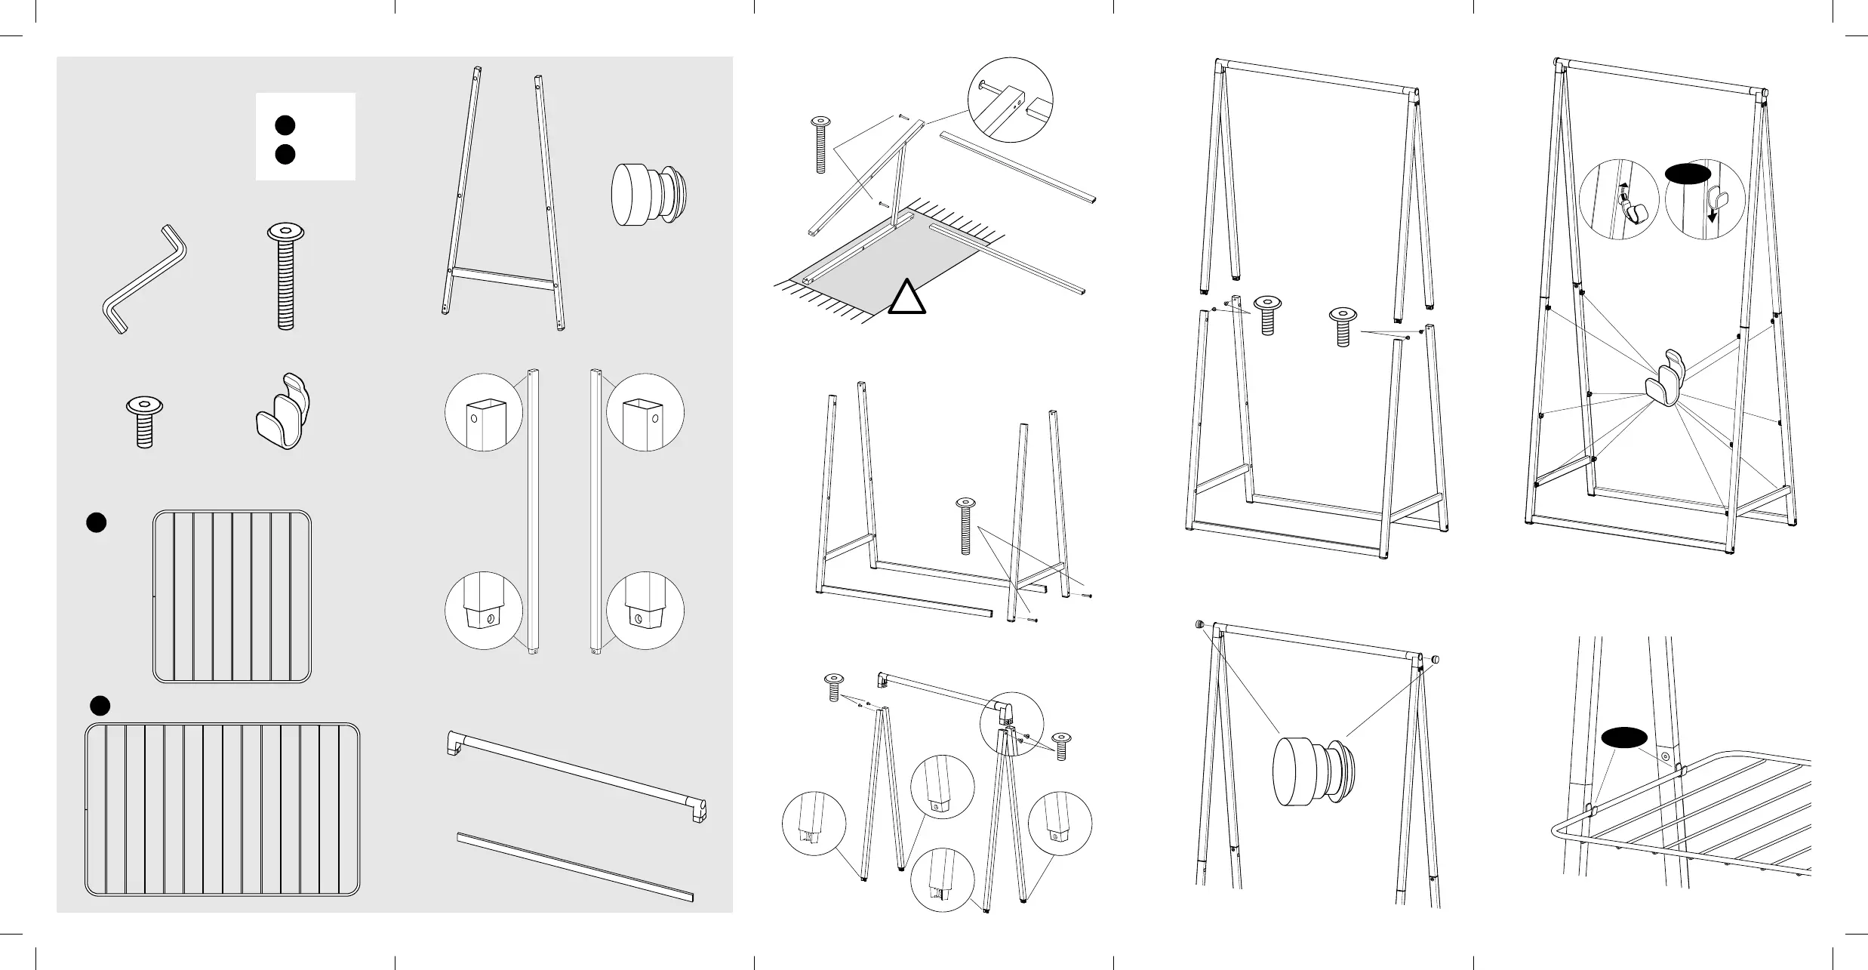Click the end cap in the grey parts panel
click(x=649, y=195)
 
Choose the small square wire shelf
click(x=232, y=596)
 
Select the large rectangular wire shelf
click(x=223, y=808)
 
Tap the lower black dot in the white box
click(x=284, y=154)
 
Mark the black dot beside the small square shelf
click(x=96, y=522)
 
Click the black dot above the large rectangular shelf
click(x=100, y=706)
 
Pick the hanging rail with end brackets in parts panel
click(x=577, y=778)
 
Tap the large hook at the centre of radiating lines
click(x=1664, y=382)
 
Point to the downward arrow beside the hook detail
click(x=1713, y=214)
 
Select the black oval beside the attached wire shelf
click(x=1624, y=738)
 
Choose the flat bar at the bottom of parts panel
click(x=575, y=867)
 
